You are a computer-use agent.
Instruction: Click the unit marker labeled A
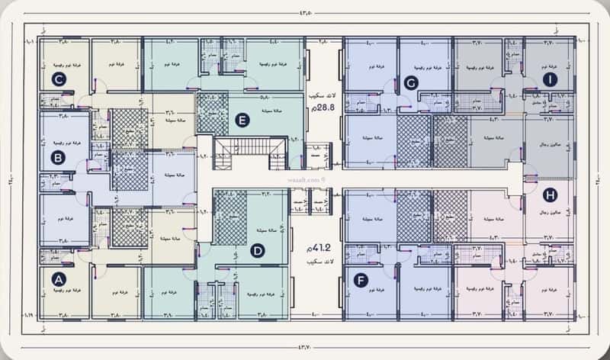tap(58, 280)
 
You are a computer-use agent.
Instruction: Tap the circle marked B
tap(58, 159)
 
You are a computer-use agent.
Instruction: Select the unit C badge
tap(58, 78)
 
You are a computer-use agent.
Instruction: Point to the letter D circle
tap(258, 249)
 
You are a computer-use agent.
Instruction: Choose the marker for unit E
tap(242, 120)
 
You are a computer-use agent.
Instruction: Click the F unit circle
tap(361, 280)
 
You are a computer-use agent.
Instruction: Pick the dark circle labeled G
tap(411, 83)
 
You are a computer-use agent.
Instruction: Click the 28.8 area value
tap(323, 111)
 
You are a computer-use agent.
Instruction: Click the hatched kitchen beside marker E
tap(213, 112)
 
